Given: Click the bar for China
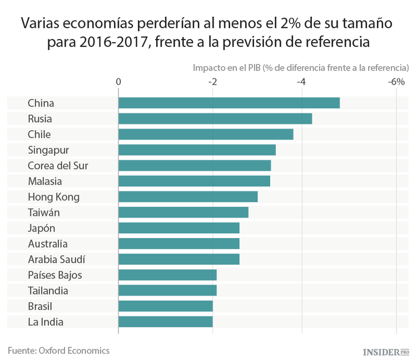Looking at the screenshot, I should coord(229,103).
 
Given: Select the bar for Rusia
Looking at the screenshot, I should coord(215,119).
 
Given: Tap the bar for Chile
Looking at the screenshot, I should coord(205,134).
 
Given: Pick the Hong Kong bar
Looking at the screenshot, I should coord(187,197).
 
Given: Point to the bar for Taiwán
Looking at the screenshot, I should coord(183,213).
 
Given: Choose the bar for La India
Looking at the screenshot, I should coord(165,322).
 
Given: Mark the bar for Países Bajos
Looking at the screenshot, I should coord(167,275).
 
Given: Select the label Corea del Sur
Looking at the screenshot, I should coord(58,165).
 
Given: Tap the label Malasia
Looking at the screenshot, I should coord(45,181).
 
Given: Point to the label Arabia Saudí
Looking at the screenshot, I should coord(56,259).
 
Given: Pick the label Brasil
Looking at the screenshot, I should coord(41,306).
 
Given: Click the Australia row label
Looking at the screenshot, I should coord(48,244).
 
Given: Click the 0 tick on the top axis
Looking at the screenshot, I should coord(118,82).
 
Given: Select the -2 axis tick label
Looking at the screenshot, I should coord(212,82).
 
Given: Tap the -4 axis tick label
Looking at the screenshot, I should coord(301,82).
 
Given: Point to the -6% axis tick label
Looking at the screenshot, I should coord(396,82).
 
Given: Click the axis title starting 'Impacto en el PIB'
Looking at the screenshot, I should coord(300,67).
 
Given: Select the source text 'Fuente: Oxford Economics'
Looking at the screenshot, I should coord(58,351).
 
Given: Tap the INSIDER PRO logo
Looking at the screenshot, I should coord(385,352).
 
